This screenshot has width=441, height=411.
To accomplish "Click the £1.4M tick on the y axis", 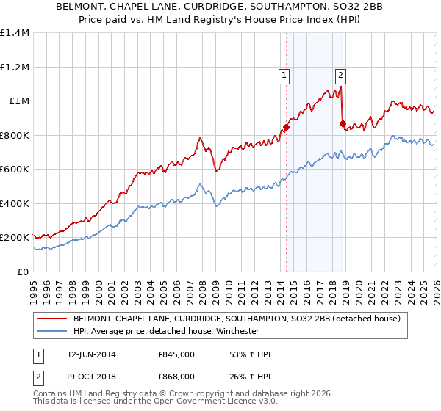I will pyautogui.click(x=15, y=33).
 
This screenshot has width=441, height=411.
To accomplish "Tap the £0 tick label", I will pyautogui.click(x=23, y=272).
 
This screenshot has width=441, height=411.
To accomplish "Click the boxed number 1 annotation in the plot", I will pyautogui.click(x=284, y=74).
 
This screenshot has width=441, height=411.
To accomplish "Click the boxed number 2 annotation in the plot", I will pyautogui.click(x=341, y=74).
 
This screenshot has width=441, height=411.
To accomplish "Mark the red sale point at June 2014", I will pyautogui.click(x=286, y=128).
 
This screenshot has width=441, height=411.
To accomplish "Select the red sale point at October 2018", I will pyautogui.click(x=343, y=123).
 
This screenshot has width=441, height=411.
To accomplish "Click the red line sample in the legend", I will pyautogui.click(x=52, y=319).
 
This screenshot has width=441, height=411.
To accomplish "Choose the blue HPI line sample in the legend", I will pyautogui.click(x=52, y=331).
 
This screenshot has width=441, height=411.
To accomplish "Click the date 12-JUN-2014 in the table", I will pyautogui.click(x=91, y=354).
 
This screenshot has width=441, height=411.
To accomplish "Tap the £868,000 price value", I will pyautogui.click(x=176, y=376).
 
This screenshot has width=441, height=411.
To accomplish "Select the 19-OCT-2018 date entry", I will pyautogui.click(x=91, y=376).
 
